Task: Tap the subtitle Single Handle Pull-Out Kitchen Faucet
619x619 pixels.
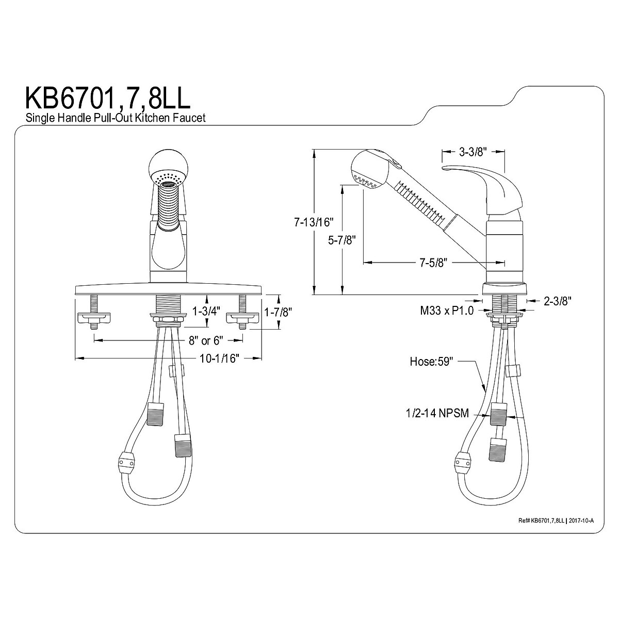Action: coord(116,118)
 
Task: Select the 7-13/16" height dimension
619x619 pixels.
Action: coord(314,222)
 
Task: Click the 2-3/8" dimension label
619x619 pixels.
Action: coord(557,301)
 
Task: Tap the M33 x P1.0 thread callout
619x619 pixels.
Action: coord(447,311)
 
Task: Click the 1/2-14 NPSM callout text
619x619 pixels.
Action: coord(437,413)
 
